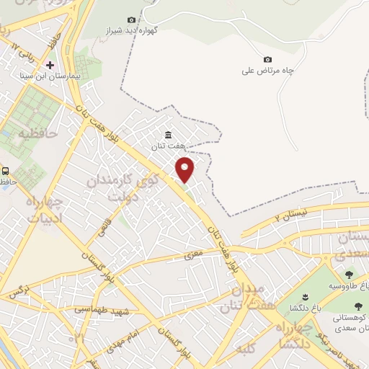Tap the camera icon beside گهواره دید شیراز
131,19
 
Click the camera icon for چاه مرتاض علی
268,59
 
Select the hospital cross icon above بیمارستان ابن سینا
50,65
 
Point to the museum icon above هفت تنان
168,135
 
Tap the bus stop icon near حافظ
6,171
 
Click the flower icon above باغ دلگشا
305,298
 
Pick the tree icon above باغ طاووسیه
350,275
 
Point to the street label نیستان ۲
292,213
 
